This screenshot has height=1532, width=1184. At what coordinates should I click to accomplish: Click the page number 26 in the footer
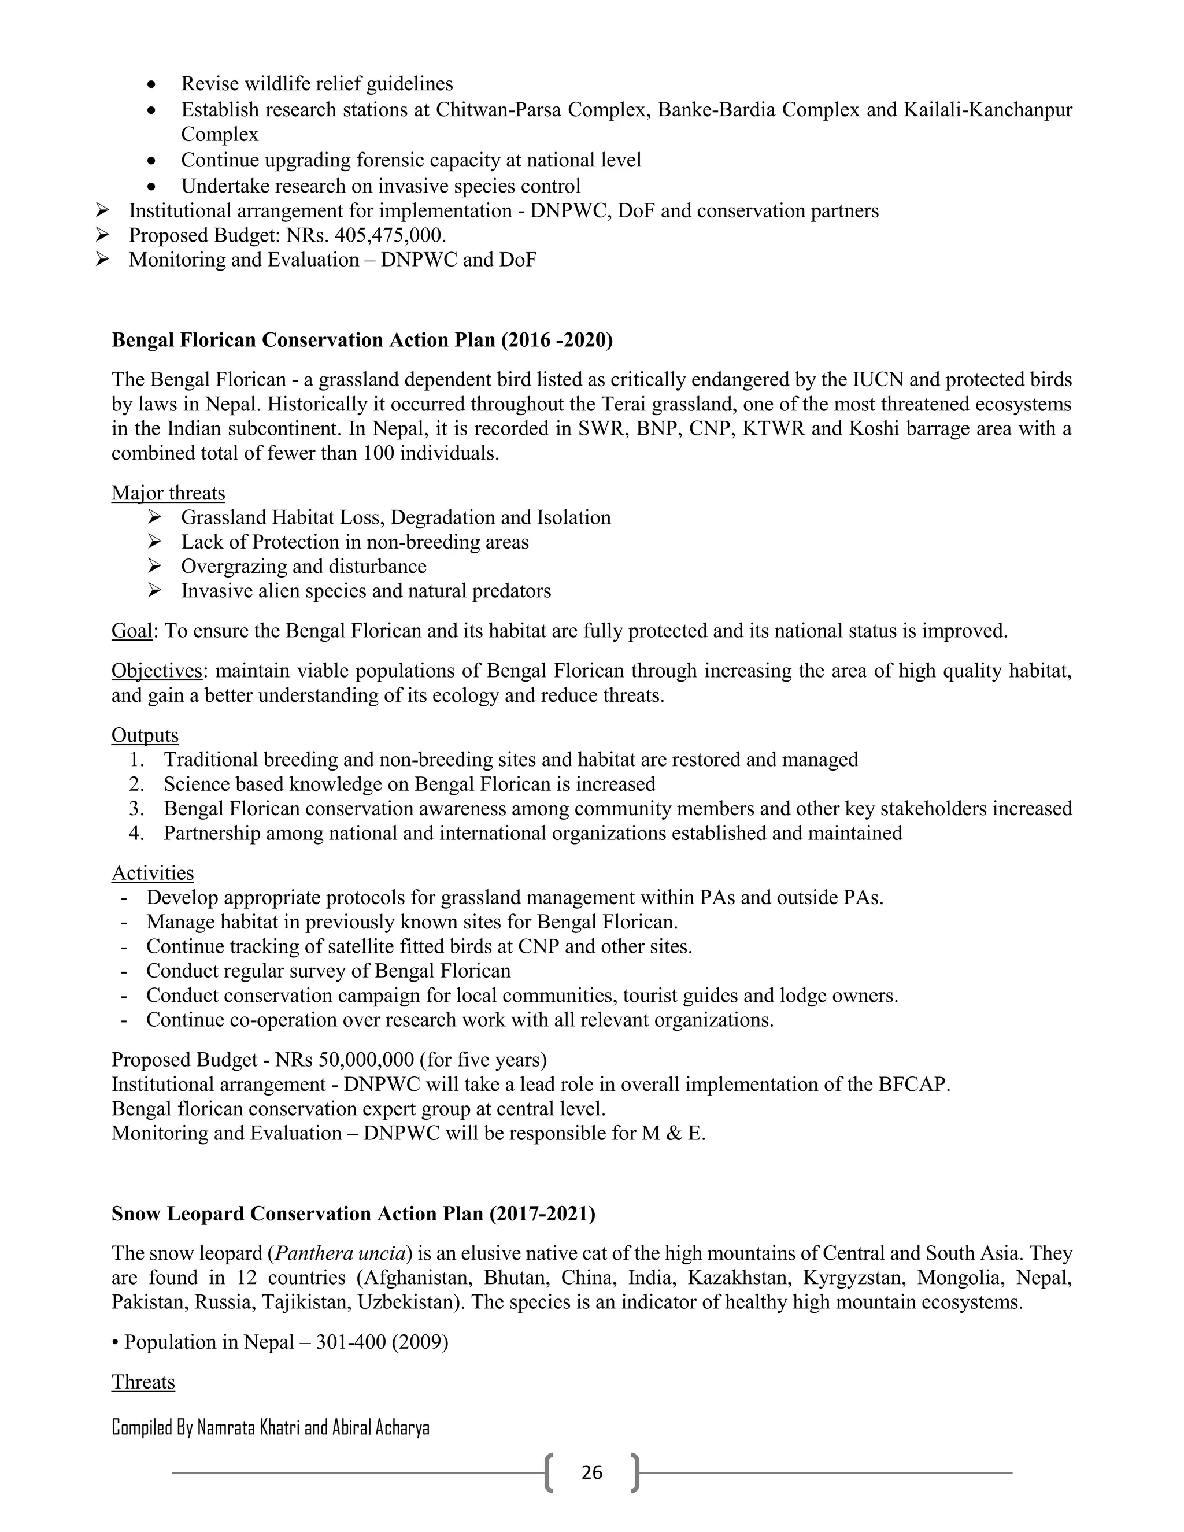coord(591,1472)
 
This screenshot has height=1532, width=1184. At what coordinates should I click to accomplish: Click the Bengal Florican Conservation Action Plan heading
coord(362,340)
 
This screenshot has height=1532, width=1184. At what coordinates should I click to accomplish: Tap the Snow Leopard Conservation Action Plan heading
coord(353,1214)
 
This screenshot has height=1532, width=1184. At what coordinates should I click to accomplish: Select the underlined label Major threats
coord(168,493)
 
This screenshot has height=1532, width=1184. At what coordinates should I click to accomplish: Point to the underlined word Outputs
coord(145,735)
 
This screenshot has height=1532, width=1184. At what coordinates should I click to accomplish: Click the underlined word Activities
coord(152,874)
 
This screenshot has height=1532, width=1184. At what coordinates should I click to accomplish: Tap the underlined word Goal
coord(132,631)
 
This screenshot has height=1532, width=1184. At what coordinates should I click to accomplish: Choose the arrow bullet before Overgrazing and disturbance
coord(155,566)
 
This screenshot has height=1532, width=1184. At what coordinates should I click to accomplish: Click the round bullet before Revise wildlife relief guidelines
coord(151,85)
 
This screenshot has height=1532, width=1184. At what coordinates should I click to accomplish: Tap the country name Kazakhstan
coord(737,1278)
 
